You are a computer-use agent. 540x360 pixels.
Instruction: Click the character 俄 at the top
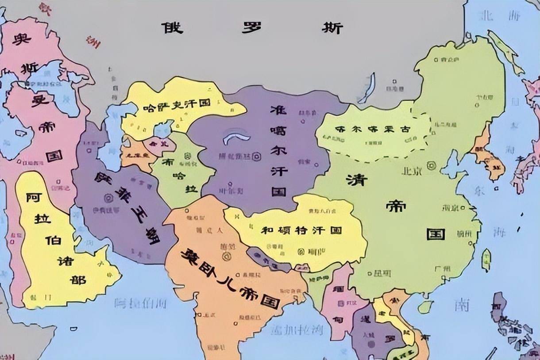[171, 28]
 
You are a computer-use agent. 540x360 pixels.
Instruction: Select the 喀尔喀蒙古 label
[373, 130]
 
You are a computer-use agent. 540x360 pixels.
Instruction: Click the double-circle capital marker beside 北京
[431, 166]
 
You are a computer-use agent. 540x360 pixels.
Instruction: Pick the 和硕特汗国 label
[301, 230]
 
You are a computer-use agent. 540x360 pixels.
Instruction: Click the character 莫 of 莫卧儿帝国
[190, 255]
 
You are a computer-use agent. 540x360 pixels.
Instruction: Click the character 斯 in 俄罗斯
[332, 28]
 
